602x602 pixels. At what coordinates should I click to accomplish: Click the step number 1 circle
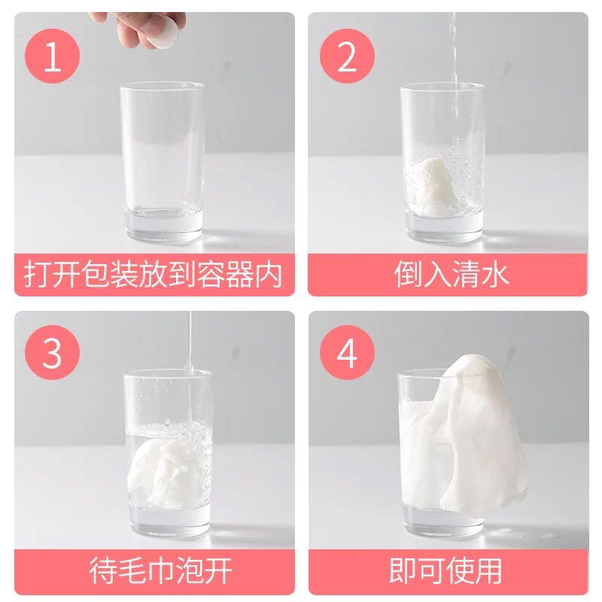click(x=53, y=56)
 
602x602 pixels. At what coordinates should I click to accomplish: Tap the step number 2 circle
click(x=347, y=56)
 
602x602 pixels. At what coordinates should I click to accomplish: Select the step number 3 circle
click(x=53, y=351)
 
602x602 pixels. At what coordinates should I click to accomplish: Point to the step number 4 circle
click(x=347, y=351)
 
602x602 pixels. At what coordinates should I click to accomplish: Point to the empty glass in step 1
click(x=162, y=150)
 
